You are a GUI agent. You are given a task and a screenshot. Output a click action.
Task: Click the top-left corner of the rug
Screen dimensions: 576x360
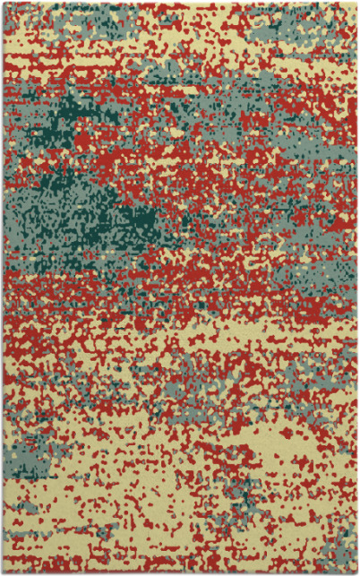(x=3, y=3)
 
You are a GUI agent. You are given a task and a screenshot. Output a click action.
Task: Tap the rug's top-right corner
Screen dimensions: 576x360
(x=356, y=3)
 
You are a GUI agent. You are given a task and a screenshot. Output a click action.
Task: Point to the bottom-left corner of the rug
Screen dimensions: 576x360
(x=3, y=572)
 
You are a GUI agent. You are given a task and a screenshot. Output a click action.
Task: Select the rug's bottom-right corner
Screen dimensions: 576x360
(x=356, y=572)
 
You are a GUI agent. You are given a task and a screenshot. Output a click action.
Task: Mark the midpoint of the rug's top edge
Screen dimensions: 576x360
(x=179, y=3)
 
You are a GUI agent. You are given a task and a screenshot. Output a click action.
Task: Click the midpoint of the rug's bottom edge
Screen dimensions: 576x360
(x=179, y=572)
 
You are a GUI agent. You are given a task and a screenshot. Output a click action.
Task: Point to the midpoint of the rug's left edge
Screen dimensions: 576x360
(x=3, y=288)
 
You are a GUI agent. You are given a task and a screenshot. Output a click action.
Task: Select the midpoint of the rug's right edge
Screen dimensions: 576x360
(x=356, y=288)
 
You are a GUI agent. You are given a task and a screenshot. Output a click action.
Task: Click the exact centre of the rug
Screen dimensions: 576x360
(x=179, y=288)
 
